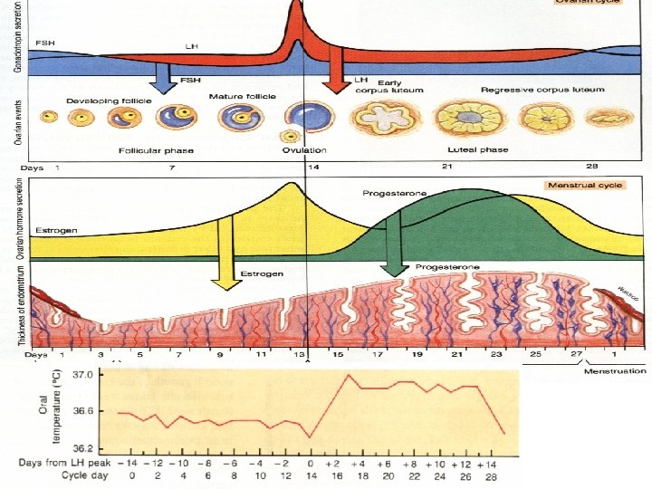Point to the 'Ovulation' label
pos(303,149)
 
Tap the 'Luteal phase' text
pos(477,149)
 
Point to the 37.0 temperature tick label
pos(81,374)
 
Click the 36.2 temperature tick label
pos(81,447)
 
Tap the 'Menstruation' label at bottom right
pos(615,370)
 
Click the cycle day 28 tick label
pos(492,476)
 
